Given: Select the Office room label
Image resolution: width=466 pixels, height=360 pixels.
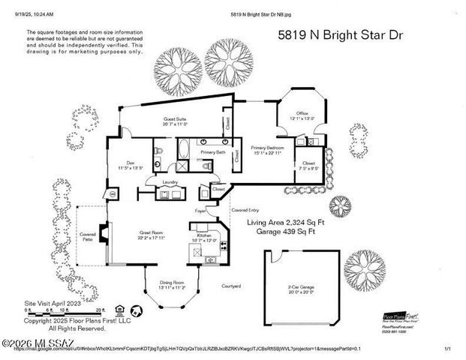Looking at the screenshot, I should coord(301,115).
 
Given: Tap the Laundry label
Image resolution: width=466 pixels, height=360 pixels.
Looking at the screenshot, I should coord(170,182).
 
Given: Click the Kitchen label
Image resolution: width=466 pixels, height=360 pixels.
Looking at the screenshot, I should coord(205,236).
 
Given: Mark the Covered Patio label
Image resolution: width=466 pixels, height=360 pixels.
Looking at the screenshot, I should coord(89,237).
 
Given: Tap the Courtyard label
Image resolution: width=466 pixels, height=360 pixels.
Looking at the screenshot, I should coord(230,286).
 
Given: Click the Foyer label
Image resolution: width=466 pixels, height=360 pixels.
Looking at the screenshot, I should coord(200,211).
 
